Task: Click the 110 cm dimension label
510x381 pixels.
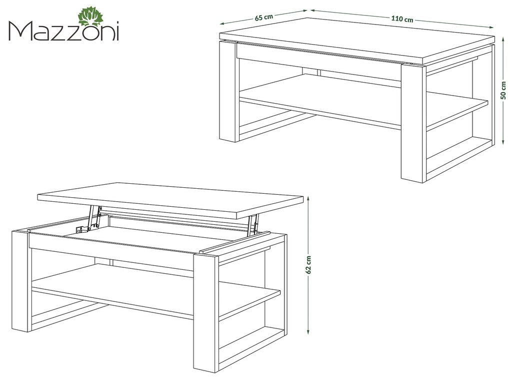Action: tap(402, 19)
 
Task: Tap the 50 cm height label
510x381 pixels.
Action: tap(503, 90)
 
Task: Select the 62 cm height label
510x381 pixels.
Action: tap(308, 264)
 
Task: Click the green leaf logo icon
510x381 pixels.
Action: tap(90, 17)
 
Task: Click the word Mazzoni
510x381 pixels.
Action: tap(64, 32)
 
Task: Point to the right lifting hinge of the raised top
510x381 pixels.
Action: tap(252, 225)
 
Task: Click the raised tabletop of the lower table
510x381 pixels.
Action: tap(170, 199)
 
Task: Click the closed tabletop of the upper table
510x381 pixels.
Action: tap(357, 40)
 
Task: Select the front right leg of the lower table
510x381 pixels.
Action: tap(206, 312)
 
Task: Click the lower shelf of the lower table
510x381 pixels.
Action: tap(156, 289)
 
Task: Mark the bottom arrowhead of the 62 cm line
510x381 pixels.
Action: tap(308, 331)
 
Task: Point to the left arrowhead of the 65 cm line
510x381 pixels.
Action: tap(222, 24)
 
